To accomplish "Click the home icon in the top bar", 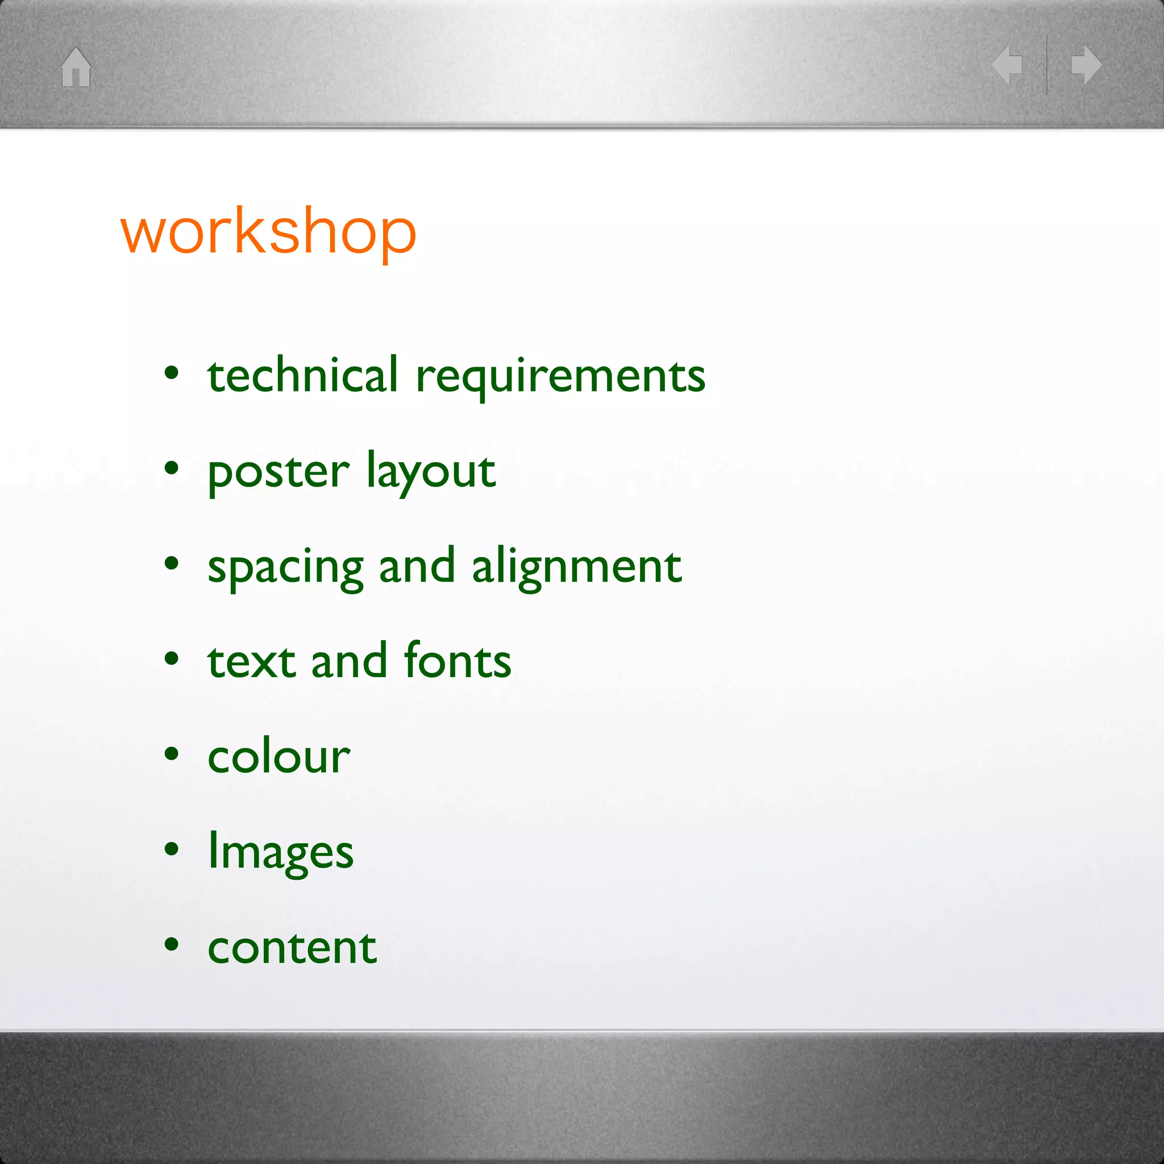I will tap(76, 67).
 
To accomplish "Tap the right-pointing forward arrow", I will tap(1087, 64).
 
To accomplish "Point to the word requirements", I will tap(560, 377).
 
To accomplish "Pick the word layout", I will tap(431, 472).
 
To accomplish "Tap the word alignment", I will tap(576, 567).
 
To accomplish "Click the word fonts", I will tap(458, 660).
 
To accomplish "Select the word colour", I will tap(278, 756).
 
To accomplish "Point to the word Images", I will tap(281, 852).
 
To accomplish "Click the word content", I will tap(292, 947).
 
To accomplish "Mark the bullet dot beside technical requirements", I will tap(172, 373).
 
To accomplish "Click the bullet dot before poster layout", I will tap(172, 468).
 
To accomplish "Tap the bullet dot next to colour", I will tap(172, 754).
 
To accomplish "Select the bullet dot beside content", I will tap(172, 944).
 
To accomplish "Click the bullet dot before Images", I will tap(172, 849).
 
